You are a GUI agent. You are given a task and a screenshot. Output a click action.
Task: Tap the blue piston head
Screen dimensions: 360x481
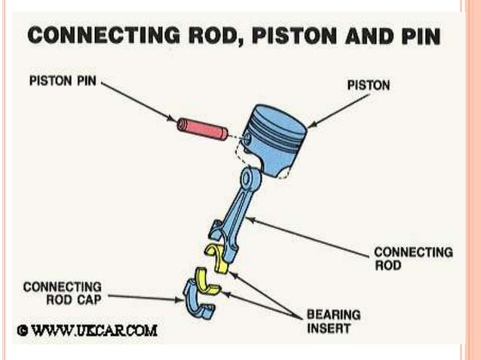click(274, 136)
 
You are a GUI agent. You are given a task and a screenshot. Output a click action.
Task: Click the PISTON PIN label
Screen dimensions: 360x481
click(63, 81)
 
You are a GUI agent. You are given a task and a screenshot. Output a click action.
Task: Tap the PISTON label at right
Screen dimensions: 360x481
click(368, 85)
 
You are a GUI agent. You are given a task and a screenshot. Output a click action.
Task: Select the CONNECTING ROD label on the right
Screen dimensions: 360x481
click(413, 258)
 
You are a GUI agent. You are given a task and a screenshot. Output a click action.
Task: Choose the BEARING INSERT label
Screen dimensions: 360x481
click(332, 321)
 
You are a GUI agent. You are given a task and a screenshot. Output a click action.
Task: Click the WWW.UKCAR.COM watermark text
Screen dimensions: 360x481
click(93, 330)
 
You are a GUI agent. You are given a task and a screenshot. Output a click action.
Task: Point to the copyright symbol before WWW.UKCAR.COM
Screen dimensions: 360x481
click(23, 330)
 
